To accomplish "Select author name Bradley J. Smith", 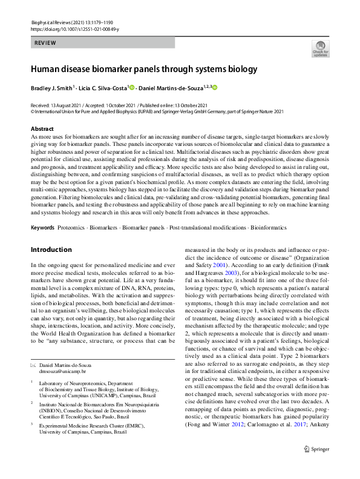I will click(50, 88).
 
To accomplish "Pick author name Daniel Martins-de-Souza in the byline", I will click(170, 88).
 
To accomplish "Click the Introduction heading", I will click(51, 249).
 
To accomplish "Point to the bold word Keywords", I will click(42, 228).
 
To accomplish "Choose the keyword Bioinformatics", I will click(266, 228).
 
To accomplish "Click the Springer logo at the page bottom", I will click(316, 465).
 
